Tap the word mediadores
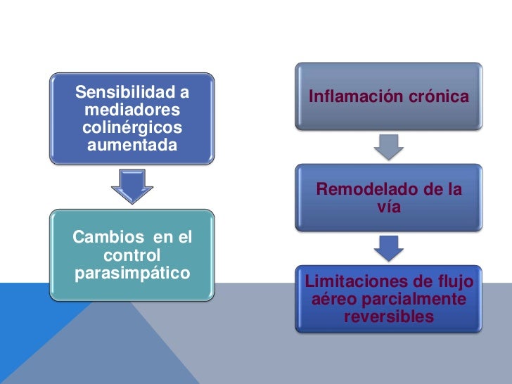[x=132, y=110]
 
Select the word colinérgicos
[x=132, y=128]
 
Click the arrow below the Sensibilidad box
[x=132, y=186]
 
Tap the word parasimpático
[x=132, y=272]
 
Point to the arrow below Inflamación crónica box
[x=388, y=146]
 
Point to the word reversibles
[x=388, y=317]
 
